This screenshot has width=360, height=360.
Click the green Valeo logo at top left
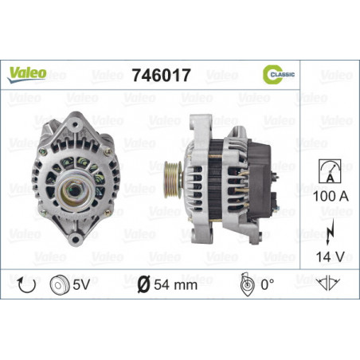pyautogui.click(x=27, y=74)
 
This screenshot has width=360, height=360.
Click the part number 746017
pyautogui.click(x=162, y=75)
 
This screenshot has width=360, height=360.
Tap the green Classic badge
pyautogui.click(x=279, y=74)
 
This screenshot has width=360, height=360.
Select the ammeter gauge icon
pyautogui.click(x=330, y=171)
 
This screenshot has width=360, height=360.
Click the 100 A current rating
pyautogui.click(x=331, y=197)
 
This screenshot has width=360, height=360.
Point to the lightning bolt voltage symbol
pyautogui.click(x=330, y=232)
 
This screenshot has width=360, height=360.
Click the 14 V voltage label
pyautogui.click(x=330, y=257)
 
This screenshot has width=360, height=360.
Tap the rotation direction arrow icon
pyautogui.click(x=26, y=285)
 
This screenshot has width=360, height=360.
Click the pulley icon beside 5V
pyautogui.click(x=60, y=285)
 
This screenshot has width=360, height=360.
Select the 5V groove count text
pyautogui.click(x=81, y=285)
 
